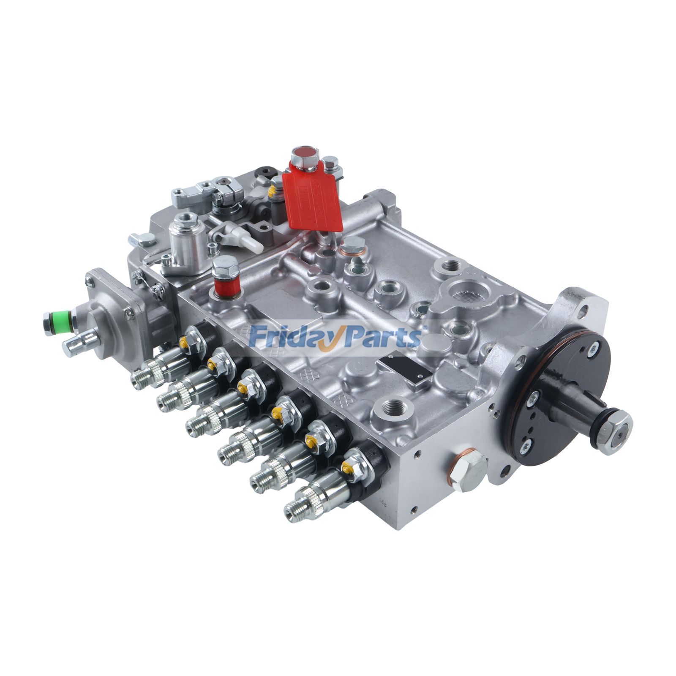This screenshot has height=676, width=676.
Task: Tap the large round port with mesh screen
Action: coord(464,291)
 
